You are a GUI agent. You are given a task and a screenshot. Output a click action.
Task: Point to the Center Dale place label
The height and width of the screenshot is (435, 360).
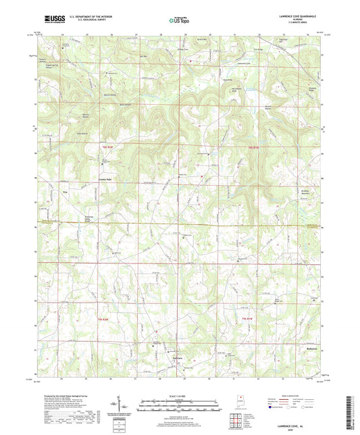point(107,179)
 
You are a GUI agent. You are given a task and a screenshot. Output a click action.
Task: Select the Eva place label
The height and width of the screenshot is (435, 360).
point(66,193)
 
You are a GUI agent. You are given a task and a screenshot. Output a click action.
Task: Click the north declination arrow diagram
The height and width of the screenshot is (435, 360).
point(128,404)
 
